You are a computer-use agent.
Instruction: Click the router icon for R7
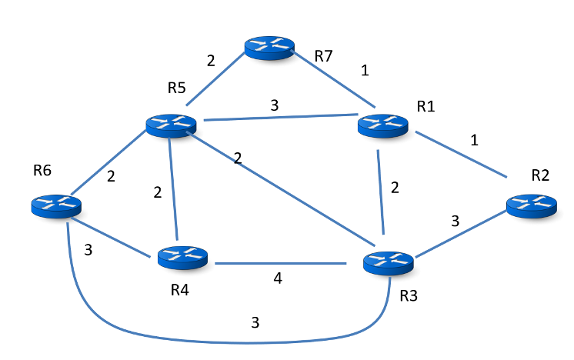pyautogui.click(x=270, y=47)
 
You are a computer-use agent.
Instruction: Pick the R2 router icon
pyautogui.click(x=531, y=205)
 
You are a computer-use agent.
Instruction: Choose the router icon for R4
pyautogui.click(x=182, y=257)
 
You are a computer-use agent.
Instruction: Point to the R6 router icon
pyautogui.click(x=55, y=205)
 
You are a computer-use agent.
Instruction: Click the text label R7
pyautogui.click(x=325, y=57)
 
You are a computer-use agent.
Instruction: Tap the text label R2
pyautogui.click(x=541, y=175)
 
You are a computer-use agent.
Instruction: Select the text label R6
pyautogui.click(x=42, y=170)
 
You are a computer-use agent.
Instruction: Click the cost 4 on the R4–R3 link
pyautogui.click(x=278, y=278)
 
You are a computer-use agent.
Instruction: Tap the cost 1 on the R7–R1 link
pyautogui.click(x=365, y=71)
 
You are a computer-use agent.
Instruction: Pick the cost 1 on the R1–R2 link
pyautogui.click(x=474, y=141)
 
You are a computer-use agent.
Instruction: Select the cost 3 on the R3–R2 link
pyautogui.click(x=455, y=222)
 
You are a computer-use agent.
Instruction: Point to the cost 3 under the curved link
pyautogui.click(x=255, y=322)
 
